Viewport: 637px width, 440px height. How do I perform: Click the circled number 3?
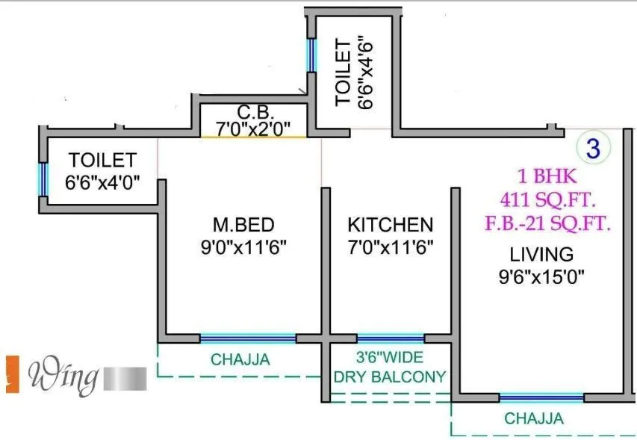pyautogui.click(x=593, y=147)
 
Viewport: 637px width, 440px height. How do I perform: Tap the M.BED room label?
pyautogui.click(x=243, y=224)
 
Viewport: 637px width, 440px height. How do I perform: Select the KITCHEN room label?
pyautogui.click(x=390, y=224)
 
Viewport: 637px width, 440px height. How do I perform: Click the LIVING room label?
pyautogui.click(x=542, y=253)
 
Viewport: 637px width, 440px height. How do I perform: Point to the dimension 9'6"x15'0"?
pyautogui.click(x=542, y=277)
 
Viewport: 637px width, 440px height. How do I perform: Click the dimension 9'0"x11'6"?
pyautogui.click(x=243, y=246)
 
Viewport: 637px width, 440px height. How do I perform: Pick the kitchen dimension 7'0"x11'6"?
pyautogui.click(x=390, y=246)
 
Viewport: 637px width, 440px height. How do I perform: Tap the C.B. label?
pyautogui.click(x=255, y=113)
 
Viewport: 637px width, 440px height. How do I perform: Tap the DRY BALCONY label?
pyautogui.click(x=390, y=377)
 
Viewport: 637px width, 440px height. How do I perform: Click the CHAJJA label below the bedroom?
pyautogui.click(x=240, y=360)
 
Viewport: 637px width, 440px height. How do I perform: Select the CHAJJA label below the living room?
pyautogui.click(x=534, y=418)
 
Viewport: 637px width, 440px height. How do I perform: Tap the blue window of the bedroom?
pyautogui.click(x=247, y=338)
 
